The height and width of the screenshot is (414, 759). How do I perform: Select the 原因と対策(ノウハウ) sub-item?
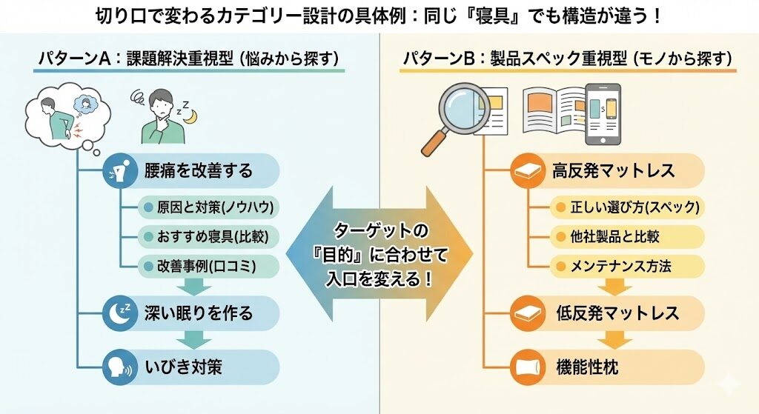click(x=207, y=208)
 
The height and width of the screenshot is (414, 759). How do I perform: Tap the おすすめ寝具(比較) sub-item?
click(x=207, y=236)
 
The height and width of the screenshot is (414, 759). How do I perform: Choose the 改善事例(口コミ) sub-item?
click(x=207, y=264)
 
